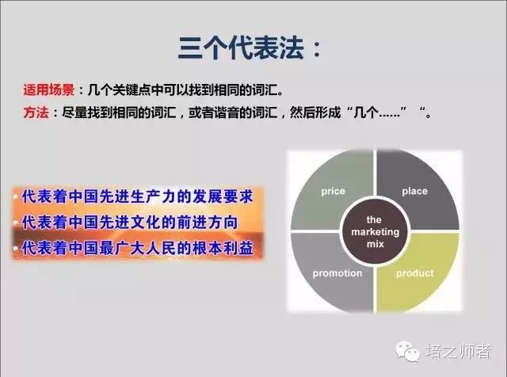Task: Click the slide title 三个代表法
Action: [x=241, y=48]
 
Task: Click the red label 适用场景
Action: [x=49, y=89]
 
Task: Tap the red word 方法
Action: [x=36, y=112]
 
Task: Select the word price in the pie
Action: [x=333, y=192]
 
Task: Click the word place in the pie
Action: [x=414, y=191]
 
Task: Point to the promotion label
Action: [x=337, y=273]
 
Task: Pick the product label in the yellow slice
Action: [x=415, y=273]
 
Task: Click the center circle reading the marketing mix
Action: [x=375, y=232]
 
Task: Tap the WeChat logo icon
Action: [x=407, y=351]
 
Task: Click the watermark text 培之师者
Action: [x=458, y=351]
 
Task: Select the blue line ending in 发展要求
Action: [x=137, y=196]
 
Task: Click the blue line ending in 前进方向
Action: [x=130, y=223]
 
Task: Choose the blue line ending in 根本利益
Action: [x=137, y=249]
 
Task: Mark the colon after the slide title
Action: [x=317, y=49]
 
